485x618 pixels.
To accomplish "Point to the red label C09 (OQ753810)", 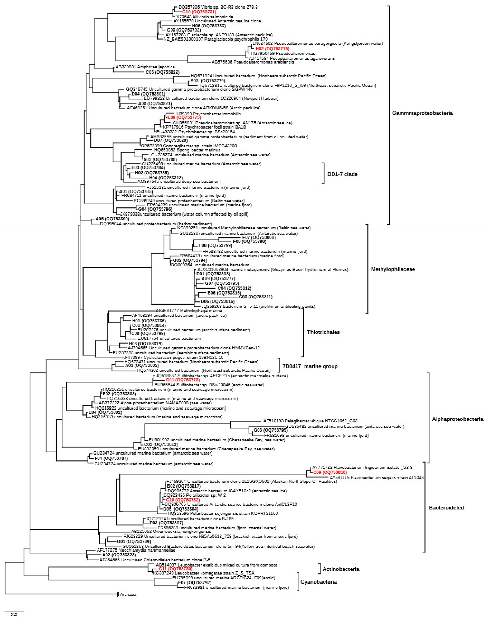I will coord(330,472).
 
